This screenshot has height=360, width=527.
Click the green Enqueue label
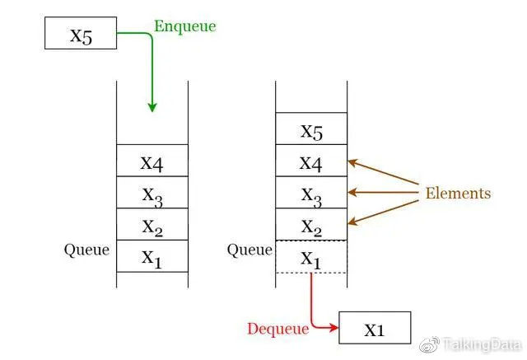184,26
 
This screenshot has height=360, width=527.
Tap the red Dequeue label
278,329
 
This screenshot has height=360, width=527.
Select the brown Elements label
458,194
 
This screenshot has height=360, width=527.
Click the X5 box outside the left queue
81,33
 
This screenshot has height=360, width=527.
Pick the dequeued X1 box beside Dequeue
375,328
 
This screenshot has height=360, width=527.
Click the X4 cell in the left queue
152,161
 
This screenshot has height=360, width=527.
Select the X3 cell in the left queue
152,192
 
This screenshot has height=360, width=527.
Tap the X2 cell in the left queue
152,224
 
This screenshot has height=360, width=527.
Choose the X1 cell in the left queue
152,256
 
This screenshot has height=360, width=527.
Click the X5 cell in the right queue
311,129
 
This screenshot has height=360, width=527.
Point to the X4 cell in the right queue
311,161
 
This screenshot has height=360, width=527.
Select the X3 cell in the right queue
311,192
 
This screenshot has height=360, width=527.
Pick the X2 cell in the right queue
311,224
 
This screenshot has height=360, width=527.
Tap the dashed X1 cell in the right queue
311,256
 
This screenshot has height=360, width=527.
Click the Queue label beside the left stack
86,250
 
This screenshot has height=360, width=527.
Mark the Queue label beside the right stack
250,250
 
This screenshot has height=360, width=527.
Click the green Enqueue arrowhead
152,108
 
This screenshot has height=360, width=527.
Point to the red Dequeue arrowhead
333,327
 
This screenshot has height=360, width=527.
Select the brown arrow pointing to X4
383,172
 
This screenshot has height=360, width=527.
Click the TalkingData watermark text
483,344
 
